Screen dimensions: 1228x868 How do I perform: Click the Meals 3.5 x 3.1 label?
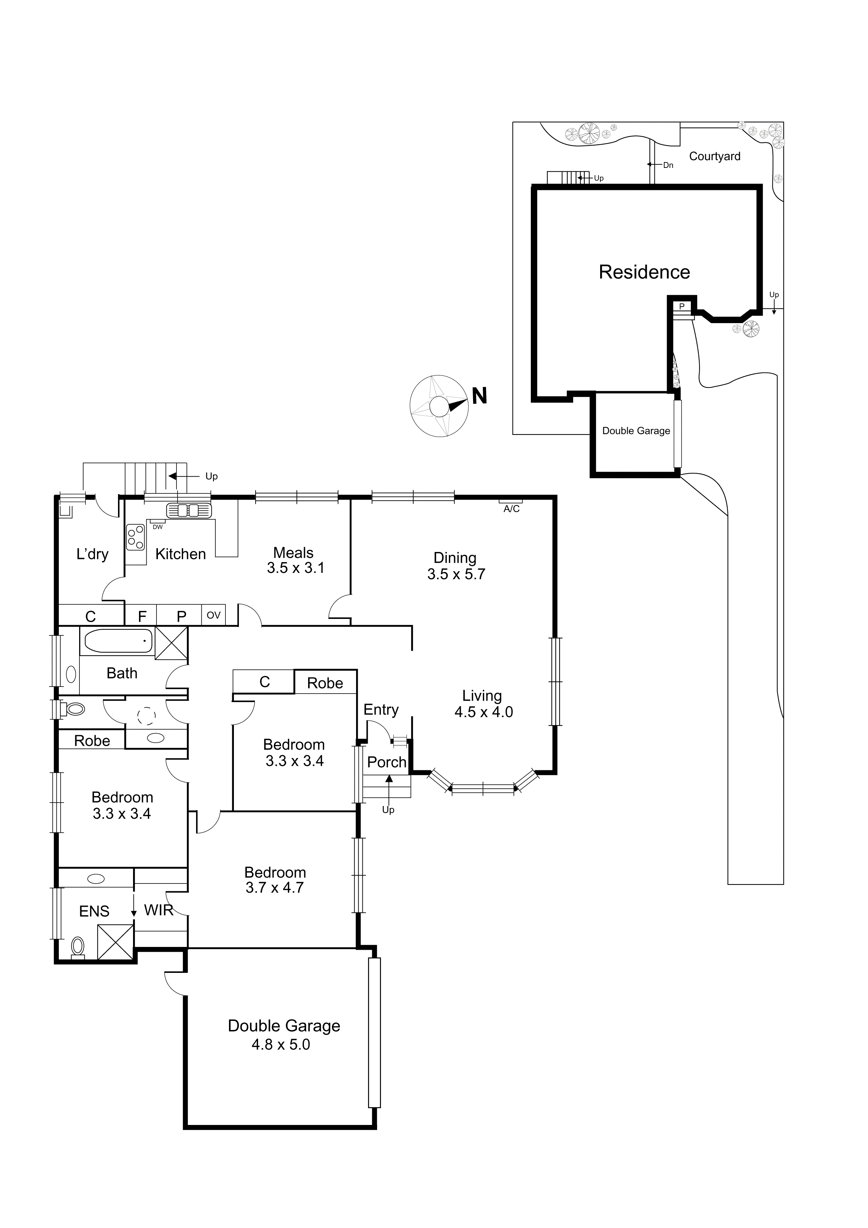[295, 560]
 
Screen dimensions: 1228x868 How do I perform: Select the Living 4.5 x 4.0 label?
[483, 703]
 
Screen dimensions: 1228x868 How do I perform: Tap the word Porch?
[387, 762]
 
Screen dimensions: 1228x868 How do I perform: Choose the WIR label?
[158, 910]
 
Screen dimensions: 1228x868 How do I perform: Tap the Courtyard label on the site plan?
[715, 156]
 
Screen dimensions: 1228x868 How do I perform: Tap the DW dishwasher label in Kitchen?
[158, 527]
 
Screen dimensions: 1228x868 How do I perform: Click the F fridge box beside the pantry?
[142, 616]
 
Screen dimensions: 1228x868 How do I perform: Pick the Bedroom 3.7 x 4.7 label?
[275, 880]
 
